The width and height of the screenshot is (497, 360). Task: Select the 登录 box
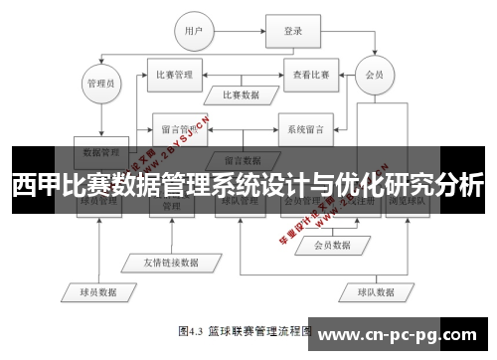(x=292, y=32)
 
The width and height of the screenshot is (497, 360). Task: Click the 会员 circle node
(x=375, y=74)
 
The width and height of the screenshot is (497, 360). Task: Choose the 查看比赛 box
(x=311, y=74)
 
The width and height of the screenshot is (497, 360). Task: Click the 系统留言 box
(x=305, y=129)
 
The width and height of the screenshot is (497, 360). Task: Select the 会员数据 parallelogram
(x=332, y=245)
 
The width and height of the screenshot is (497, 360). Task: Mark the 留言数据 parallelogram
(x=242, y=159)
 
